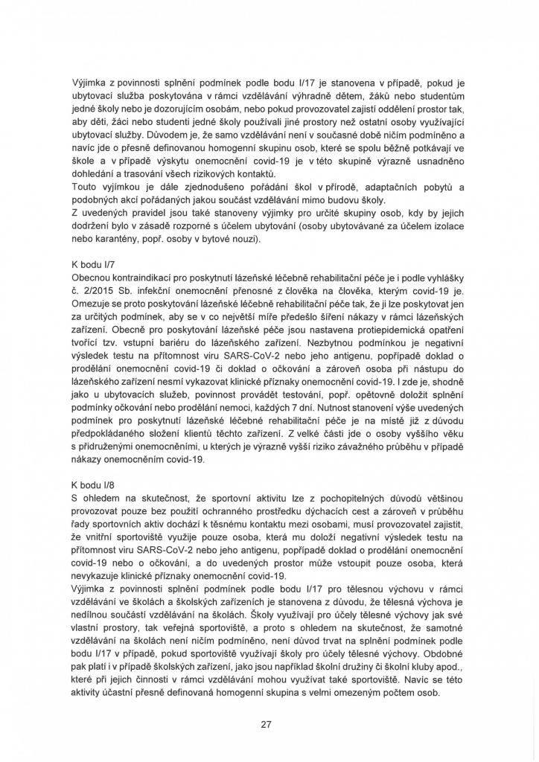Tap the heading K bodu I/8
click(x=93, y=482)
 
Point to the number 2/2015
click(x=94, y=312)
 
